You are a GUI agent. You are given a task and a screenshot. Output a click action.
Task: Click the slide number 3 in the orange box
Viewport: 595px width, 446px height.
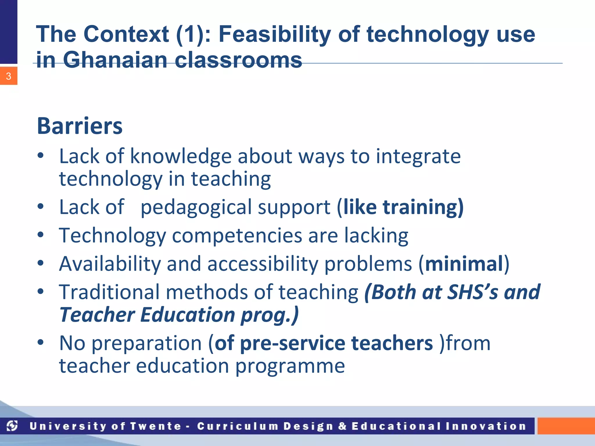click(8, 76)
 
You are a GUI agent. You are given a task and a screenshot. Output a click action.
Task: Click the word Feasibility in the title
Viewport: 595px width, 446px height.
click(274, 34)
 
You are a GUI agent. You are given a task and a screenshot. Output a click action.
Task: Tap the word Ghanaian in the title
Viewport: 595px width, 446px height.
click(115, 60)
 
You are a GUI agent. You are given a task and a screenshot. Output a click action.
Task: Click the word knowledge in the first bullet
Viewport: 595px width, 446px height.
click(180, 156)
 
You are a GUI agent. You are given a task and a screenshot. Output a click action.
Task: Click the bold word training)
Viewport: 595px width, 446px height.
click(423, 207)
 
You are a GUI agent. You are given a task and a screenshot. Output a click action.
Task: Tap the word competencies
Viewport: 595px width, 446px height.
click(237, 235)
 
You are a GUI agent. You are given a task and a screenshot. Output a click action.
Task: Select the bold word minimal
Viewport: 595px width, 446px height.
click(464, 264)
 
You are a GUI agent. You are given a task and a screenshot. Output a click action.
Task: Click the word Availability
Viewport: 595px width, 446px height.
click(110, 264)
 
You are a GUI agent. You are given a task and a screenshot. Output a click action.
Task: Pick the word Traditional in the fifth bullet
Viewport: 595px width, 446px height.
click(109, 292)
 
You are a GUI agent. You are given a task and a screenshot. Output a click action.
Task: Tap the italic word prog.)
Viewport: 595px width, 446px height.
click(269, 315)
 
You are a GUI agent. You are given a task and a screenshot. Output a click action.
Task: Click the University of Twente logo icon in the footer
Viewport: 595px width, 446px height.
click(12, 426)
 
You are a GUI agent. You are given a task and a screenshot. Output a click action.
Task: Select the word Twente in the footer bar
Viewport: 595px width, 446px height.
click(156, 426)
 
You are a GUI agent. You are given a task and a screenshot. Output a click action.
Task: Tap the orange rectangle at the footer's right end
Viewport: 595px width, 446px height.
click(566, 426)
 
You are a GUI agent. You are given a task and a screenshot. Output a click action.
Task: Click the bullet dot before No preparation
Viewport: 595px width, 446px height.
click(40, 342)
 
